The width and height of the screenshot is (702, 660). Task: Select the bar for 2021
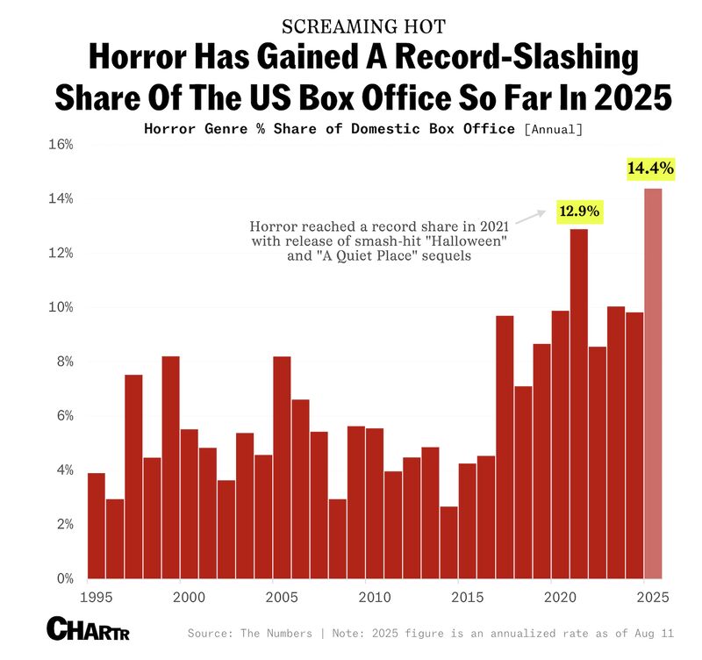point(579,404)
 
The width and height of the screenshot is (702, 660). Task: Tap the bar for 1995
point(97,526)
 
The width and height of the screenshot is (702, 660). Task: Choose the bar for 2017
point(505,447)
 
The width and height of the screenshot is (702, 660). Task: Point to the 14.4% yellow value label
point(650,168)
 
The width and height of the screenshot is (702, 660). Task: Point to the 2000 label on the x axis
point(189,598)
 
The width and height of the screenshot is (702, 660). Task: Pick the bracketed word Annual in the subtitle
point(553,130)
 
